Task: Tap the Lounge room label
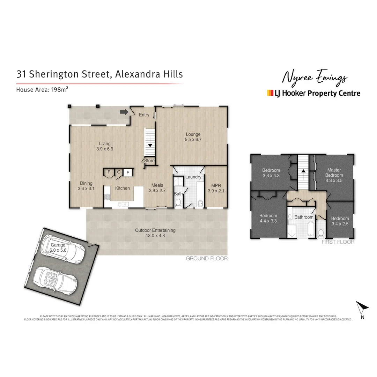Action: tap(193, 137)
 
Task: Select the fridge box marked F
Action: tap(128, 172)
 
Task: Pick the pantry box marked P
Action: tap(109, 172)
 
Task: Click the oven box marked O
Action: tap(118, 172)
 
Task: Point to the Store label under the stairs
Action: tap(149, 161)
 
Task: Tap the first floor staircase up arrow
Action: tap(303, 171)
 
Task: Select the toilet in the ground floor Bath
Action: tap(178, 202)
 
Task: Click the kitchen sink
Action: tap(123, 204)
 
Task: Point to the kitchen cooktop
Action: tap(106, 198)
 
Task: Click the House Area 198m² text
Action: tap(42, 89)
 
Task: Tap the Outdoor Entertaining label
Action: tap(155, 233)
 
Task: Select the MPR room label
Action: tap(214, 188)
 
